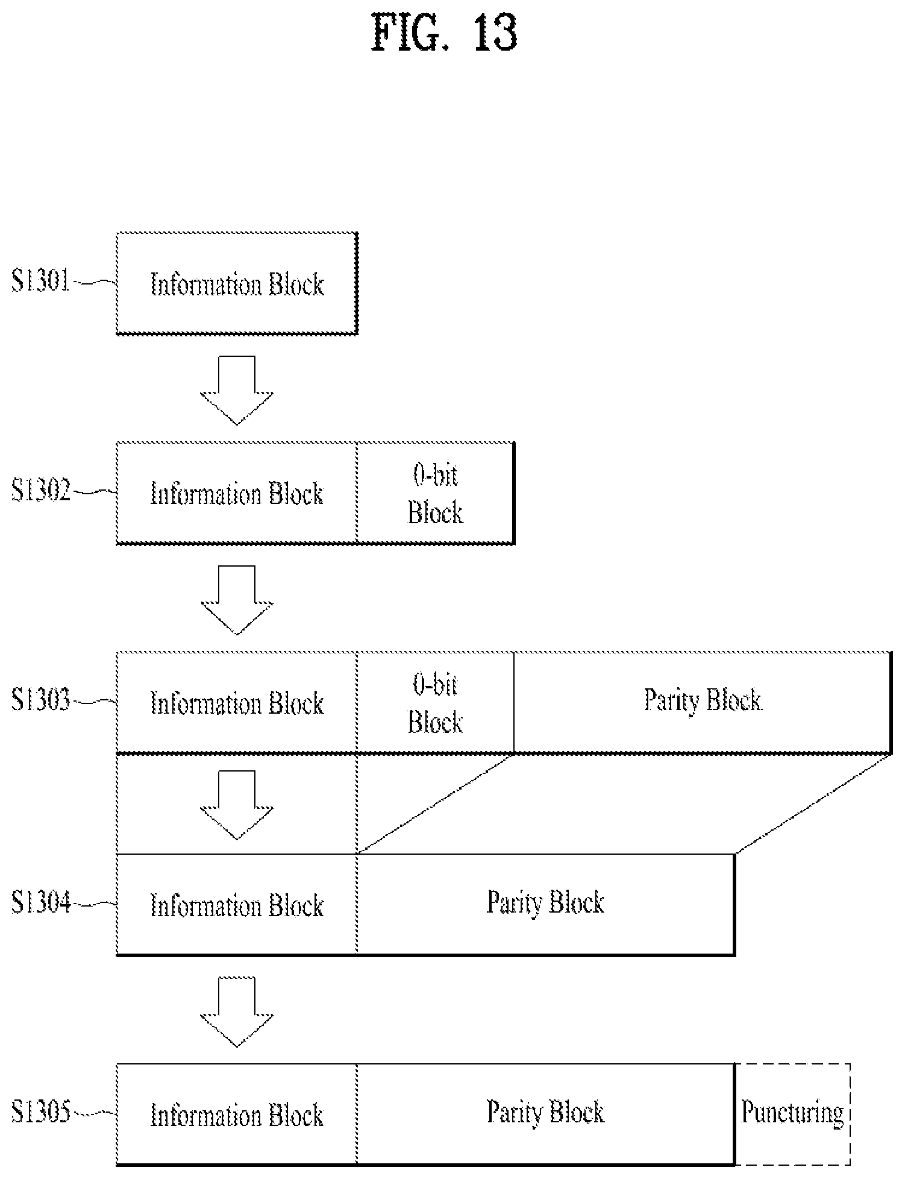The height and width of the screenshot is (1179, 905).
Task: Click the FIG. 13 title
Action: point(445,34)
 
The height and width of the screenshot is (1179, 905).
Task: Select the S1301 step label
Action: point(41,281)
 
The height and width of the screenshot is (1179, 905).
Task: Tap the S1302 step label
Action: point(41,491)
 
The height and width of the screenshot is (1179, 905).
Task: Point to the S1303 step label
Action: point(41,700)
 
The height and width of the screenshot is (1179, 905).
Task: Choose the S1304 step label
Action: point(41,903)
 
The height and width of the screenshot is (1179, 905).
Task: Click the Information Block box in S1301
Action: point(237,283)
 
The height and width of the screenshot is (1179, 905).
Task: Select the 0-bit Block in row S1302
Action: point(436,493)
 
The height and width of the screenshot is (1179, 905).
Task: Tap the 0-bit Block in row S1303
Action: point(436,703)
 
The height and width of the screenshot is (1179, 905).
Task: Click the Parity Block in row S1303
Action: point(703,703)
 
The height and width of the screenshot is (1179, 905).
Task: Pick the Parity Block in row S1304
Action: point(546,904)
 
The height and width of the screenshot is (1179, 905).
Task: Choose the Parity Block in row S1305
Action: point(546,1114)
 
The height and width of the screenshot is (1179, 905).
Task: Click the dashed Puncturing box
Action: point(793,1114)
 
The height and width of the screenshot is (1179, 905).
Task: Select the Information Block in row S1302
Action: point(237,493)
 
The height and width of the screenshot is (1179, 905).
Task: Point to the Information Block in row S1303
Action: point(237,703)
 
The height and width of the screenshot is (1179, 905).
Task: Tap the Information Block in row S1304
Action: point(237,904)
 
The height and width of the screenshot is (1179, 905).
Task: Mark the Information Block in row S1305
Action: point(237,1114)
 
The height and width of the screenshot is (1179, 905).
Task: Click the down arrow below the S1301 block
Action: point(237,390)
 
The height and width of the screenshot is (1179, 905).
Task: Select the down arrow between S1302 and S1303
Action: point(237,600)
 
